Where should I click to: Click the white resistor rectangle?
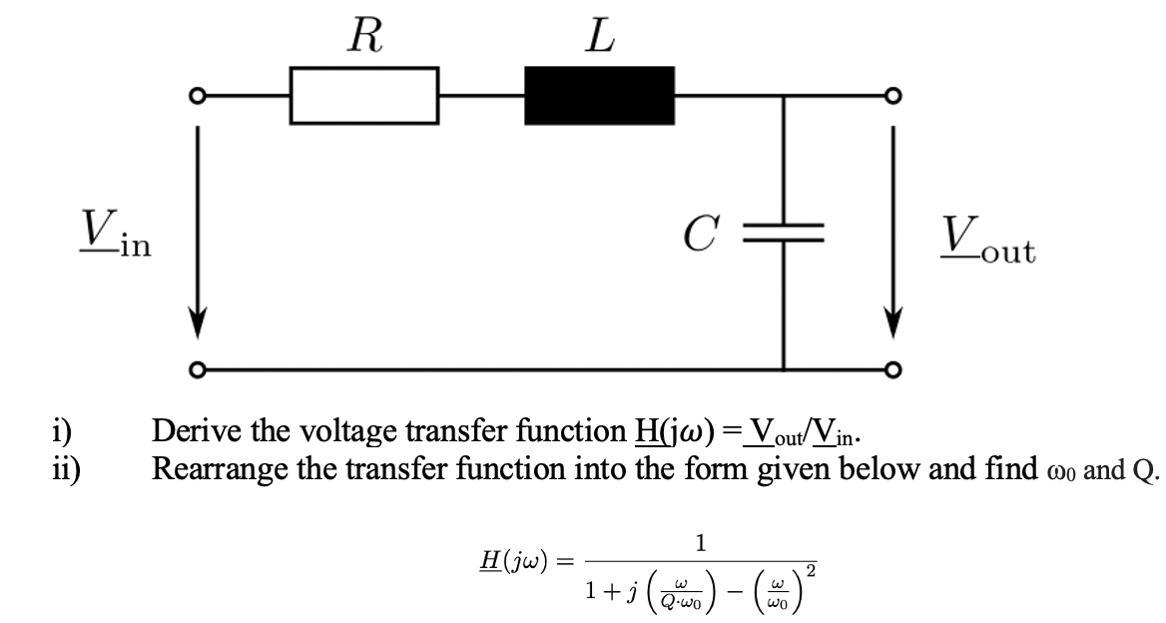coord(364,96)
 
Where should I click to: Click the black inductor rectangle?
coord(600,96)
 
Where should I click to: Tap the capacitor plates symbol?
coord(784,236)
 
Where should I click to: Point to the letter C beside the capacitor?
coord(698,236)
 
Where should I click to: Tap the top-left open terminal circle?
coord(198,97)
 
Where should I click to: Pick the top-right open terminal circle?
coord(892,97)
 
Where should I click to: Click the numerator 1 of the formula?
coord(702,544)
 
